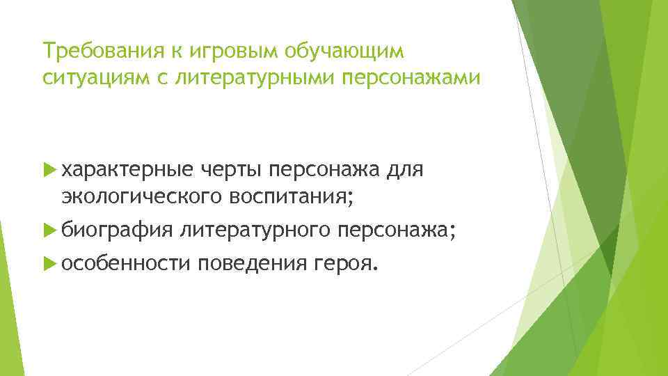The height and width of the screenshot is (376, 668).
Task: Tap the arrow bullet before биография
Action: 48,229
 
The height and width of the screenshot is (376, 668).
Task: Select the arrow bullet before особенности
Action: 48,263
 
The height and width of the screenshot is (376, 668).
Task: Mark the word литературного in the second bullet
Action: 255,229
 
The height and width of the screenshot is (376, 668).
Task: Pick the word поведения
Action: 250,263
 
